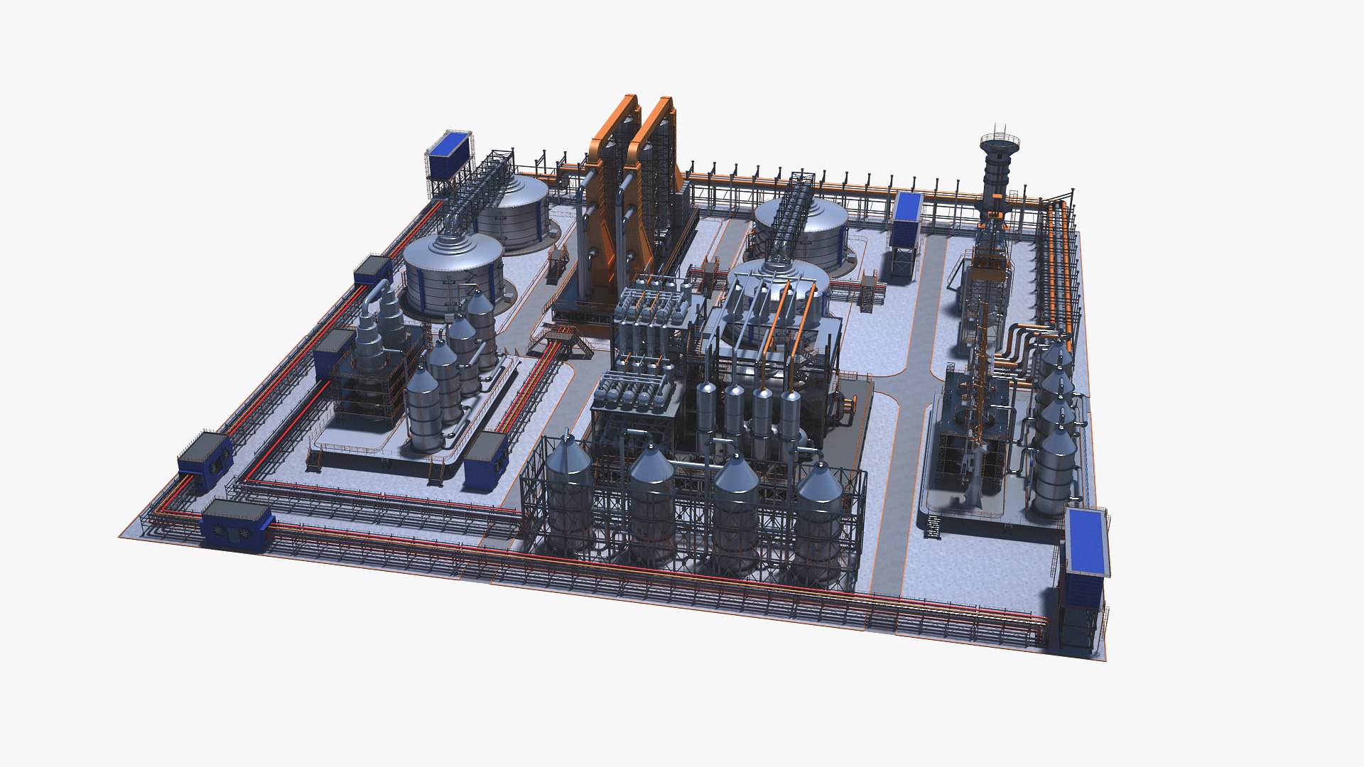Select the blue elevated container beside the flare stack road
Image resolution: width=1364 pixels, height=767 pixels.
906,216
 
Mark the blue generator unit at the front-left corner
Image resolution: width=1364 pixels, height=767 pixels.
237,526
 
